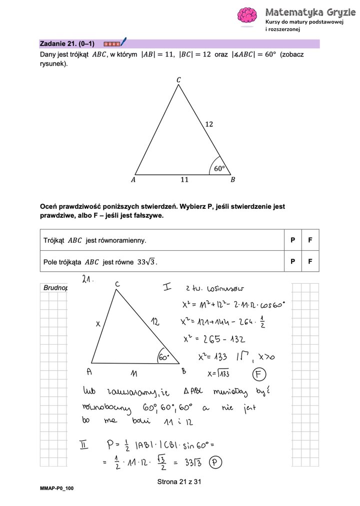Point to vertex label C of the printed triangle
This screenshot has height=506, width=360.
click(178, 80)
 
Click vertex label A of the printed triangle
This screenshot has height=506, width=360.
click(133, 180)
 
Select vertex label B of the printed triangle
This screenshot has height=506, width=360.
click(232, 180)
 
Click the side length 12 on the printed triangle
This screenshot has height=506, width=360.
click(209, 124)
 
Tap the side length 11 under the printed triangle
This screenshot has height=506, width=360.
click(184, 180)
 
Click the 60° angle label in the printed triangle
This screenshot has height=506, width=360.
click(219, 169)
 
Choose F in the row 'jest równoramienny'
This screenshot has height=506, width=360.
click(310, 240)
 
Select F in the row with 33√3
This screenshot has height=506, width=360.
click(310, 261)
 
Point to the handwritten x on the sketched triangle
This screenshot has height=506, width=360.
click(98, 324)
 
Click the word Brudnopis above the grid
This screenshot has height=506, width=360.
click(55, 288)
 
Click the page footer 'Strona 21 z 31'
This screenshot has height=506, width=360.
click(179, 482)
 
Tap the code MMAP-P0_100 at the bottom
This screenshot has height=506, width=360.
click(57, 488)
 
